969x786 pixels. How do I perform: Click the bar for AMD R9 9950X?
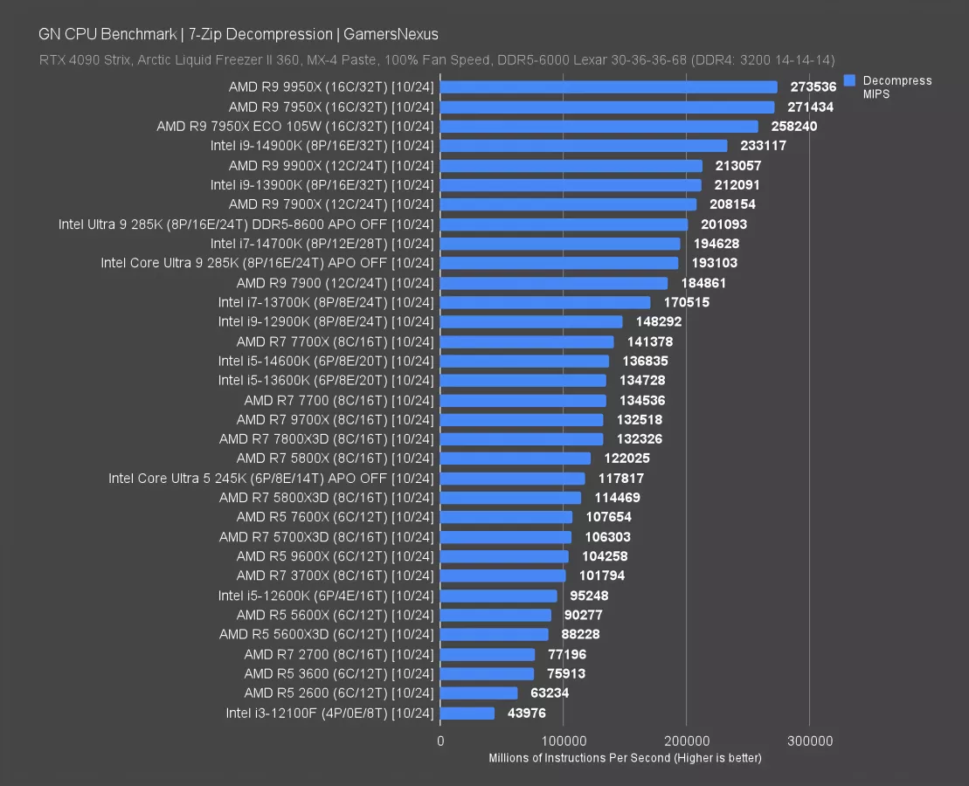click(608, 87)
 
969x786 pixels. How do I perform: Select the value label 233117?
click(762, 146)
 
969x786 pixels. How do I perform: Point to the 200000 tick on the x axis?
click(686, 741)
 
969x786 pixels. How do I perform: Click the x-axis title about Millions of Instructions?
click(625, 757)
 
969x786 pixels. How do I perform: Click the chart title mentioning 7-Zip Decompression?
click(239, 34)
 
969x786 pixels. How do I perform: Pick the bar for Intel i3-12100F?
click(467, 714)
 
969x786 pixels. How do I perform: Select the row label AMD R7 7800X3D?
click(326, 438)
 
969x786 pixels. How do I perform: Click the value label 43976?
click(532, 714)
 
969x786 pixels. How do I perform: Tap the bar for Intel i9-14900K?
click(584, 146)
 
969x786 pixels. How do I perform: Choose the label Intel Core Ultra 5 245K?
click(271, 478)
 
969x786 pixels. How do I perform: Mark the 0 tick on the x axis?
click(440, 741)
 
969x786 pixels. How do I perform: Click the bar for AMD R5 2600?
click(479, 693)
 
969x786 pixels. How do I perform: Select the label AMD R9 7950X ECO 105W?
click(295, 127)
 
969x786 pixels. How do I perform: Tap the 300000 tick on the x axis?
click(809, 741)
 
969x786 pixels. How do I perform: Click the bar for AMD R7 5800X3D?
click(510, 498)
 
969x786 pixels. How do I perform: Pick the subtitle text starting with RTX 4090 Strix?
click(437, 59)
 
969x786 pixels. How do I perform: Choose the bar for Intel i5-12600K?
click(498, 596)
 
